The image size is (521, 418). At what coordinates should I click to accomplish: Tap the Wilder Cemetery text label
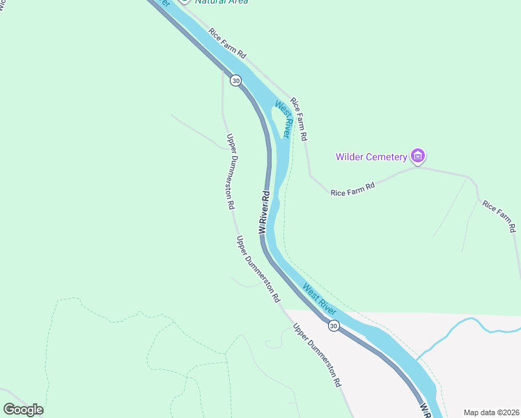(x=371, y=157)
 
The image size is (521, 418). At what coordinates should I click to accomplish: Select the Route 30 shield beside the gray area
(x=334, y=326)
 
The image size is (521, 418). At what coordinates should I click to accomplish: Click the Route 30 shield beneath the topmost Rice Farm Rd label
(x=236, y=81)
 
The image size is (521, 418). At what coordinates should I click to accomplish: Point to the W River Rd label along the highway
(x=264, y=212)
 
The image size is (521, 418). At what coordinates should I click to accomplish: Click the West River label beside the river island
(x=281, y=119)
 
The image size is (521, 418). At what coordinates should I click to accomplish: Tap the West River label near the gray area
(x=319, y=296)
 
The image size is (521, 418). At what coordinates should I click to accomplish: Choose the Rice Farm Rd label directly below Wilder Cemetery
(x=352, y=188)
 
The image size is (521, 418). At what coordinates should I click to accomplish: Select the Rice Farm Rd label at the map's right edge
(x=499, y=216)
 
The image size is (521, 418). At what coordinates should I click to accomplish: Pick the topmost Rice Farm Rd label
(x=227, y=43)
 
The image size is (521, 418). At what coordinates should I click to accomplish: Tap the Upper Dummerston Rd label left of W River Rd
(x=231, y=171)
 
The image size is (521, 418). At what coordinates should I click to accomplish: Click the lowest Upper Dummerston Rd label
(x=317, y=355)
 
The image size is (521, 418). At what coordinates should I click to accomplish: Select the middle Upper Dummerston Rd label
(x=258, y=269)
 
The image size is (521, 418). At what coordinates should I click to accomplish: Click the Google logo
(x=23, y=410)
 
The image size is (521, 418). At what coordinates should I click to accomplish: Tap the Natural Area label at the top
(x=221, y=2)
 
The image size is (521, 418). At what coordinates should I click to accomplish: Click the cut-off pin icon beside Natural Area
(x=184, y=2)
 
